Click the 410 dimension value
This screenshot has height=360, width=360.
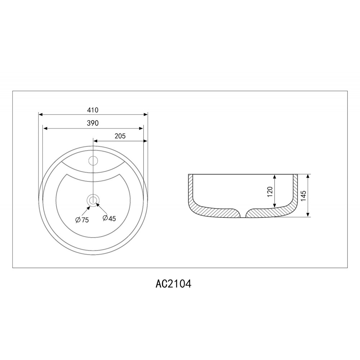coord(93,110)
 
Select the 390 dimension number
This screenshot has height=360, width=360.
coord(93,123)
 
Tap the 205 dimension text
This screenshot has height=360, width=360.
coord(120,136)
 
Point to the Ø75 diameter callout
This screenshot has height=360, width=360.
coord(82,220)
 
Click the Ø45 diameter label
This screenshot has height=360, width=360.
coord(109,218)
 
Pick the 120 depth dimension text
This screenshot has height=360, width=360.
coord(270,192)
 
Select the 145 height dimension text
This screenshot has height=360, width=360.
coord(303,195)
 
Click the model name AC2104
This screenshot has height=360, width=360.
coord(174,284)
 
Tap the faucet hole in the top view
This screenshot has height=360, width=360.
coord(93,161)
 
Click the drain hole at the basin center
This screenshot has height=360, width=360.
coord(93,200)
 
